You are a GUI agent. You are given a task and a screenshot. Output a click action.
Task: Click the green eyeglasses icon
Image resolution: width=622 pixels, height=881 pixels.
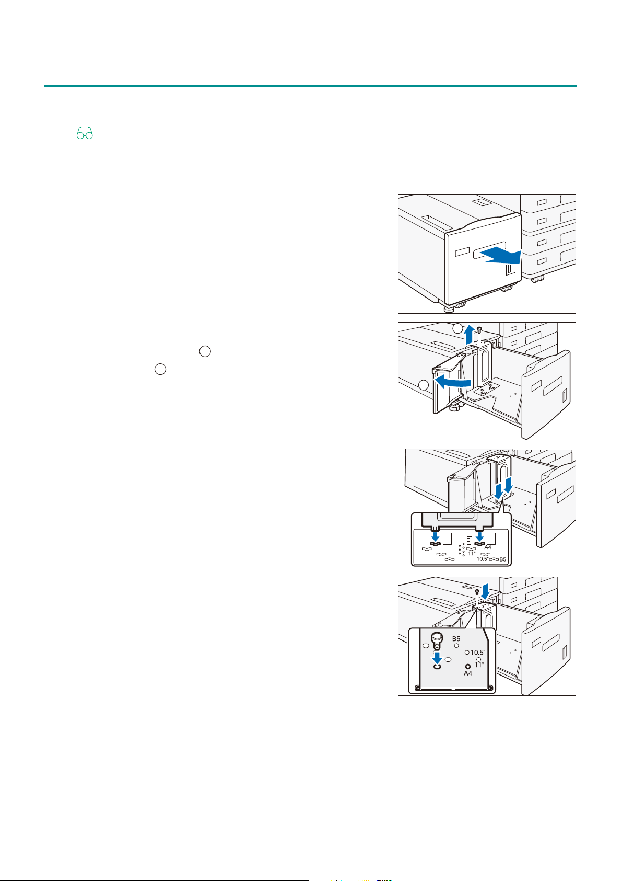pyautogui.click(x=85, y=133)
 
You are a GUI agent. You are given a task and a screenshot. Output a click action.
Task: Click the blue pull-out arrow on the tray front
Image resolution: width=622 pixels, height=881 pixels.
pyautogui.click(x=501, y=256)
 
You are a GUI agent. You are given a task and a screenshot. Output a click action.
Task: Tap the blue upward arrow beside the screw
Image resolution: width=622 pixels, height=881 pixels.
pyautogui.click(x=469, y=335)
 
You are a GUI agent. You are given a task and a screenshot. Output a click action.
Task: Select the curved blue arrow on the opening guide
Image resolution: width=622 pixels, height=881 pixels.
pyautogui.click(x=451, y=382)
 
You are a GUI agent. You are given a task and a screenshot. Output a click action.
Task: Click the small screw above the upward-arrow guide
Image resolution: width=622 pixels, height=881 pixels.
pyautogui.click(x=479, y=329)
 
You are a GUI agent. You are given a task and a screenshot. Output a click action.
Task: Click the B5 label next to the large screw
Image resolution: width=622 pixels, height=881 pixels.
pyautogui.click(x=456, y=639)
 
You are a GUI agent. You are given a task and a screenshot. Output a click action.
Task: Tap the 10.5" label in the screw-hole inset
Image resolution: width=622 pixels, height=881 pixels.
pyautogui.click(x=478, y=653)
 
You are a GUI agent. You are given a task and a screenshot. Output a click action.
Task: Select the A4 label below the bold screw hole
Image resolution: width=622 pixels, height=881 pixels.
pyautogui.click(x=467, y=673)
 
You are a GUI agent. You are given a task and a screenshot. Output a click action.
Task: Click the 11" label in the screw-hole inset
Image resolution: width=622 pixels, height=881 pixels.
pyautogui.click(x=479, y=665)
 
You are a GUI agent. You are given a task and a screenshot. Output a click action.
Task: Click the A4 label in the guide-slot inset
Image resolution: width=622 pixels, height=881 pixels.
pyautogui.click(x=488, y=547)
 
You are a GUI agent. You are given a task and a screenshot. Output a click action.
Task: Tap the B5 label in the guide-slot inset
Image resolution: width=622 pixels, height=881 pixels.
pyautogui.click(x=502, y=559)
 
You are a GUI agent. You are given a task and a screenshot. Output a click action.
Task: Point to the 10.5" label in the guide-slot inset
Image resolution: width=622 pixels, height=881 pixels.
pyautogui.click(x=483, y=559)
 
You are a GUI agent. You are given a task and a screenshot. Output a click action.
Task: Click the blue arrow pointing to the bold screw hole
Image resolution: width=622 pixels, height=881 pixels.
pyautogui.click(x=437, y=658)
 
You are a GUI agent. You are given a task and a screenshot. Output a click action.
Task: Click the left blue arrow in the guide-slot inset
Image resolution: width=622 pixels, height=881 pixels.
pyautogui.click(x=435, y=536)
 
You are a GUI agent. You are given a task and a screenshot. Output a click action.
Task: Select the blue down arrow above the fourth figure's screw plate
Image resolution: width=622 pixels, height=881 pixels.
pyautogui.click(x=485, y=591)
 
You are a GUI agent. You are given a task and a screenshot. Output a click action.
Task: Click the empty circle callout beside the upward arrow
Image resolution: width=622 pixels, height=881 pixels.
pyautogui.click(x=458, y=328)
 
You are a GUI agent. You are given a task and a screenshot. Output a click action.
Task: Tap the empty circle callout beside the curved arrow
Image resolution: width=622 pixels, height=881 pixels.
pyautogui.click(x=423, y=385)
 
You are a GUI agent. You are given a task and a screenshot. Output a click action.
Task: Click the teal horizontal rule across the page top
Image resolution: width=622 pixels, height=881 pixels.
pyautogui.click(x=310, y=85)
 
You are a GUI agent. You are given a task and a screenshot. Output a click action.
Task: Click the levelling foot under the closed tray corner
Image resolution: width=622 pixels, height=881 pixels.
pyautogui.click(x=449, y=308)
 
